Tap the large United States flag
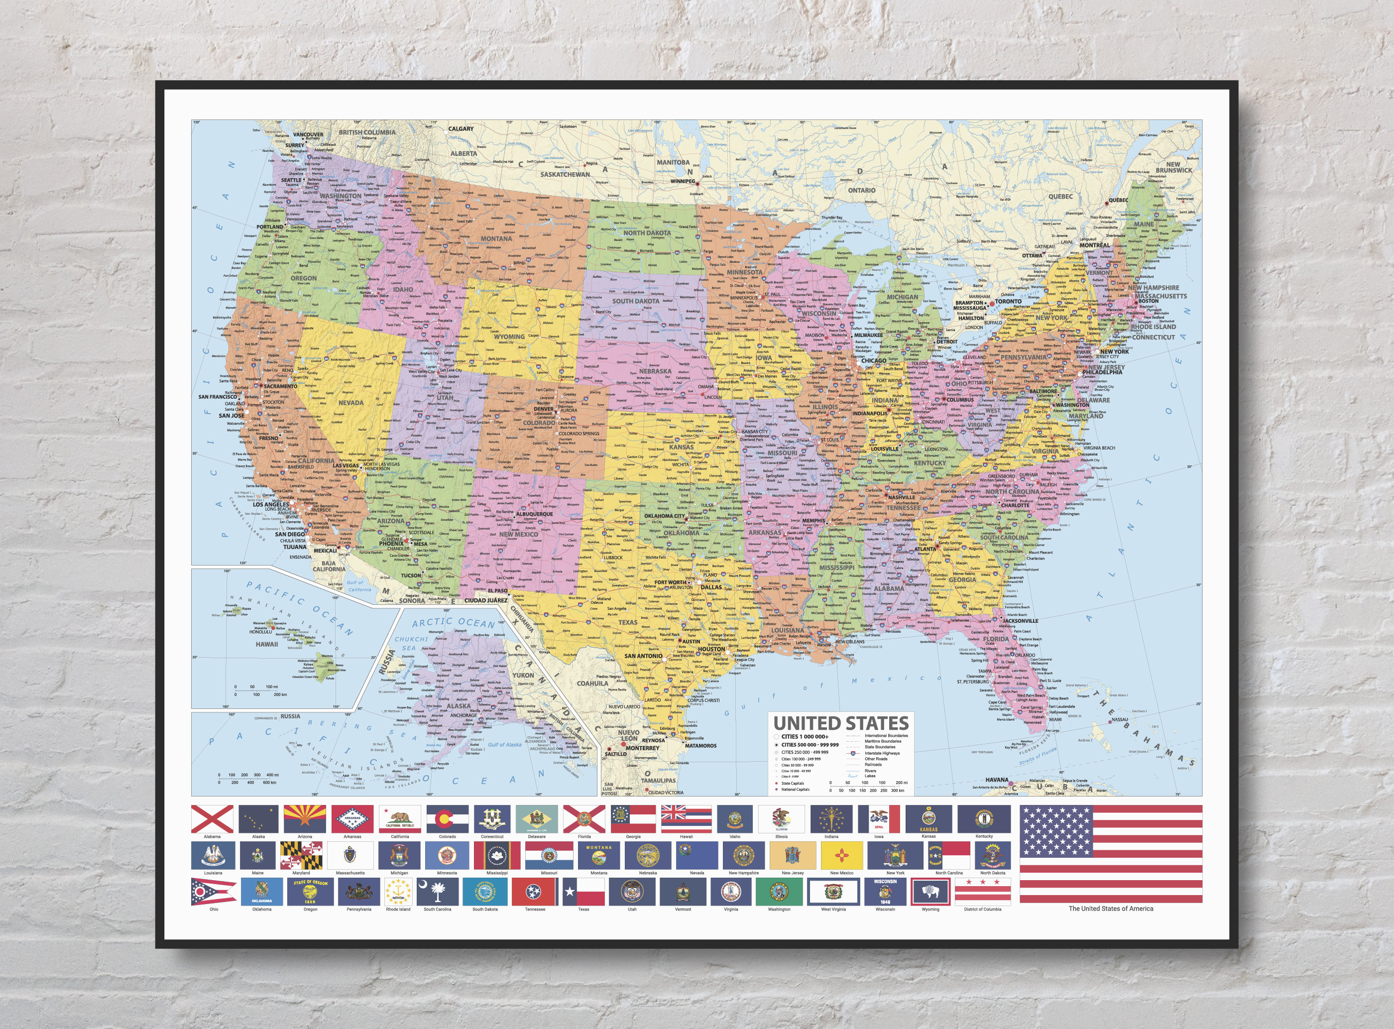(x=1111, y=853)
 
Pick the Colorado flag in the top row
(x=447, y=818)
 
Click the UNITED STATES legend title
(x=841, y=723)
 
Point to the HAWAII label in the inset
(x=266, y=644)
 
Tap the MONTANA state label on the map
(x=496, y=238)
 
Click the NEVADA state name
(x=350, y=402)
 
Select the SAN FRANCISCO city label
(x=218, y=397)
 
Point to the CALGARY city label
(x=461, y=129)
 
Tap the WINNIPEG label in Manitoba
(x=683, y=181)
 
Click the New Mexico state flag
(x=841, y=855)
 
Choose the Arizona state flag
(x=305, y=818)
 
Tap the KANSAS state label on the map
(x=682, y=447)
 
